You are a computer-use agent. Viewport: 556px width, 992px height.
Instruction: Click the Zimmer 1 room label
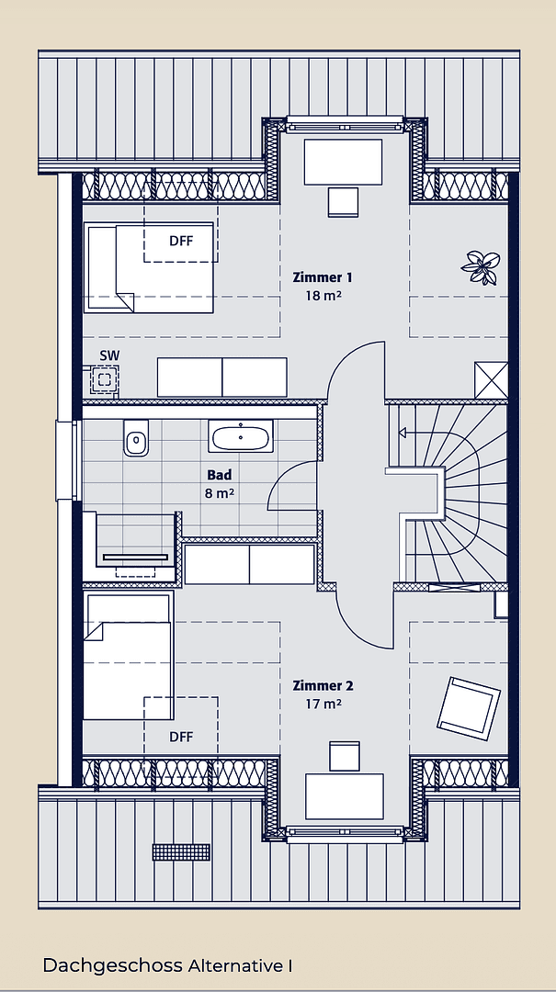pyautogui.click(x=322, y=276)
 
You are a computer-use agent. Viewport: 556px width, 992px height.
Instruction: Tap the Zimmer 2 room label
pyautogui.click(x=323, y=685)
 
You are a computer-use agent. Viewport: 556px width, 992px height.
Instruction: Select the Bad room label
pyautogui.click(x=220, y=475)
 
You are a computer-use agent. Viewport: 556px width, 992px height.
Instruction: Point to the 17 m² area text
pyautogui.click(x=323, y=705)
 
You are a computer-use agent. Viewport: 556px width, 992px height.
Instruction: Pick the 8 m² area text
pyautogui.click(x=220, y=493)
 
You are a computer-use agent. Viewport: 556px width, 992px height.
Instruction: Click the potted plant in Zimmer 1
pyautogui.click(x=481, y=266)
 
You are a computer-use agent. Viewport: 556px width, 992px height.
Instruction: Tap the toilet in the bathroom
pyautogui.click(x=136, y=439)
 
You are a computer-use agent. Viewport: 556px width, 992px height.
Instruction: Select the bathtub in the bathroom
pyautogui.click(x=242, y=436)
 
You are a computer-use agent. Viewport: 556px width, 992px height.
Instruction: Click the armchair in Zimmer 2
pyautogui.click(x=469, y=705)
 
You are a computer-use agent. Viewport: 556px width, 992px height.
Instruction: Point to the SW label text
pyautogui.click(x=109, y=355)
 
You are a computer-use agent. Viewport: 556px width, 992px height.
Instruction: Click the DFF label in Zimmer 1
pyautogui.click(x=181, y=242)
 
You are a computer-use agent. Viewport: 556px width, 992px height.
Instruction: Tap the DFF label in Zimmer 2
pyautogui.click(x=181, y=736)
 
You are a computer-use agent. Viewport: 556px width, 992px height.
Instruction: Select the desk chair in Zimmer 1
pyautogui.click(x=344, y=201)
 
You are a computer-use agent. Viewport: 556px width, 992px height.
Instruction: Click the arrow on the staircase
pyautogui.click(x=404, y=431)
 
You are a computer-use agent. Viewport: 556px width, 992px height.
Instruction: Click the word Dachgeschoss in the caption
pyautogui.click(x=113, y=965)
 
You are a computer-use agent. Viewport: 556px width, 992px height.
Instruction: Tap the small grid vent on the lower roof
pyautogui.click(x=181, y=852)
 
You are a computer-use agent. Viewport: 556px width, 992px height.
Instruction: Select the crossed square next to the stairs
pyautogui.click(x=491, y=379)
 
